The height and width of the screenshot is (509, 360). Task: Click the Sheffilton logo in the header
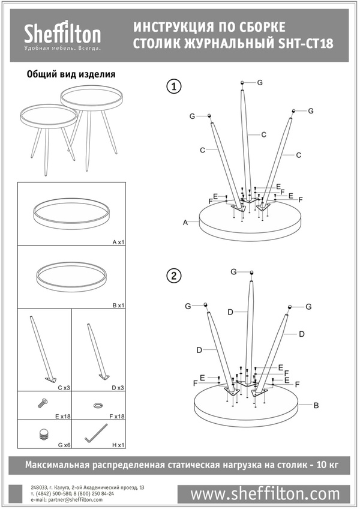(x=62, y=35)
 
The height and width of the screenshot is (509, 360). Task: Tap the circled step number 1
(x=174, y=86)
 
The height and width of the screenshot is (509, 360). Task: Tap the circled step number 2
(x=174, y=276)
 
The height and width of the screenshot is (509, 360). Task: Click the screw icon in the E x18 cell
(x=43, y=403)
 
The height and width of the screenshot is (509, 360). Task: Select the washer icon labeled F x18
(x=97, y=405)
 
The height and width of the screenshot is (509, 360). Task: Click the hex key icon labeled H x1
(x=96, y=433)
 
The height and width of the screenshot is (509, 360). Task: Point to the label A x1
(x=118, y=242)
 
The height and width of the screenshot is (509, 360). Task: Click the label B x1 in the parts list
(x=118, y=305)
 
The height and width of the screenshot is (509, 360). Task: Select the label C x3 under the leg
(x=64, y=388)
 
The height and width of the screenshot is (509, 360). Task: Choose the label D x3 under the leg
(x=118, y=388)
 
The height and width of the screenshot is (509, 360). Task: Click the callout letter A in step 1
(x=185, y=222)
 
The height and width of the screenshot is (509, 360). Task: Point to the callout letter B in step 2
(x=316, y=405)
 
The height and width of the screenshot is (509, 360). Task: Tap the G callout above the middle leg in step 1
(x=260, y=82)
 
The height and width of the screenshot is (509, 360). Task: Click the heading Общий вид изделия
(x=71, y=74)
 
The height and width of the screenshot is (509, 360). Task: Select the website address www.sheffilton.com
(x=265, y=494)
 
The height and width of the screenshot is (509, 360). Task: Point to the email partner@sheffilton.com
(x=67, y=499)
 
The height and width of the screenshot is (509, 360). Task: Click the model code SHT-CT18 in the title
(x=305, y=43)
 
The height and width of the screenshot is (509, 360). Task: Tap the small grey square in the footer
(x=16, y=494)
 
